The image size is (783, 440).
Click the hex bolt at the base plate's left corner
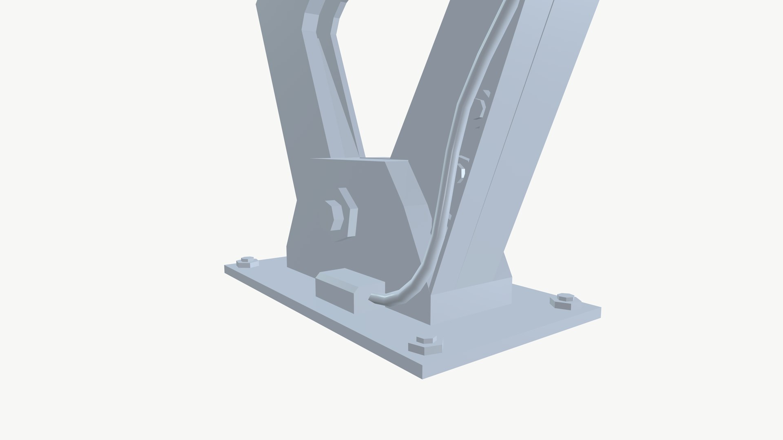pyautogui.click(x=248, y=262)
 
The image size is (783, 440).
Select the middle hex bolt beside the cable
pyautogui.click(x=462, y=171)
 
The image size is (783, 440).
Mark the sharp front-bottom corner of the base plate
pyautogui.click(x=422, y=378)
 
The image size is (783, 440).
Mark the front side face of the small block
pyautogui.click(x=334, y=298)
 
